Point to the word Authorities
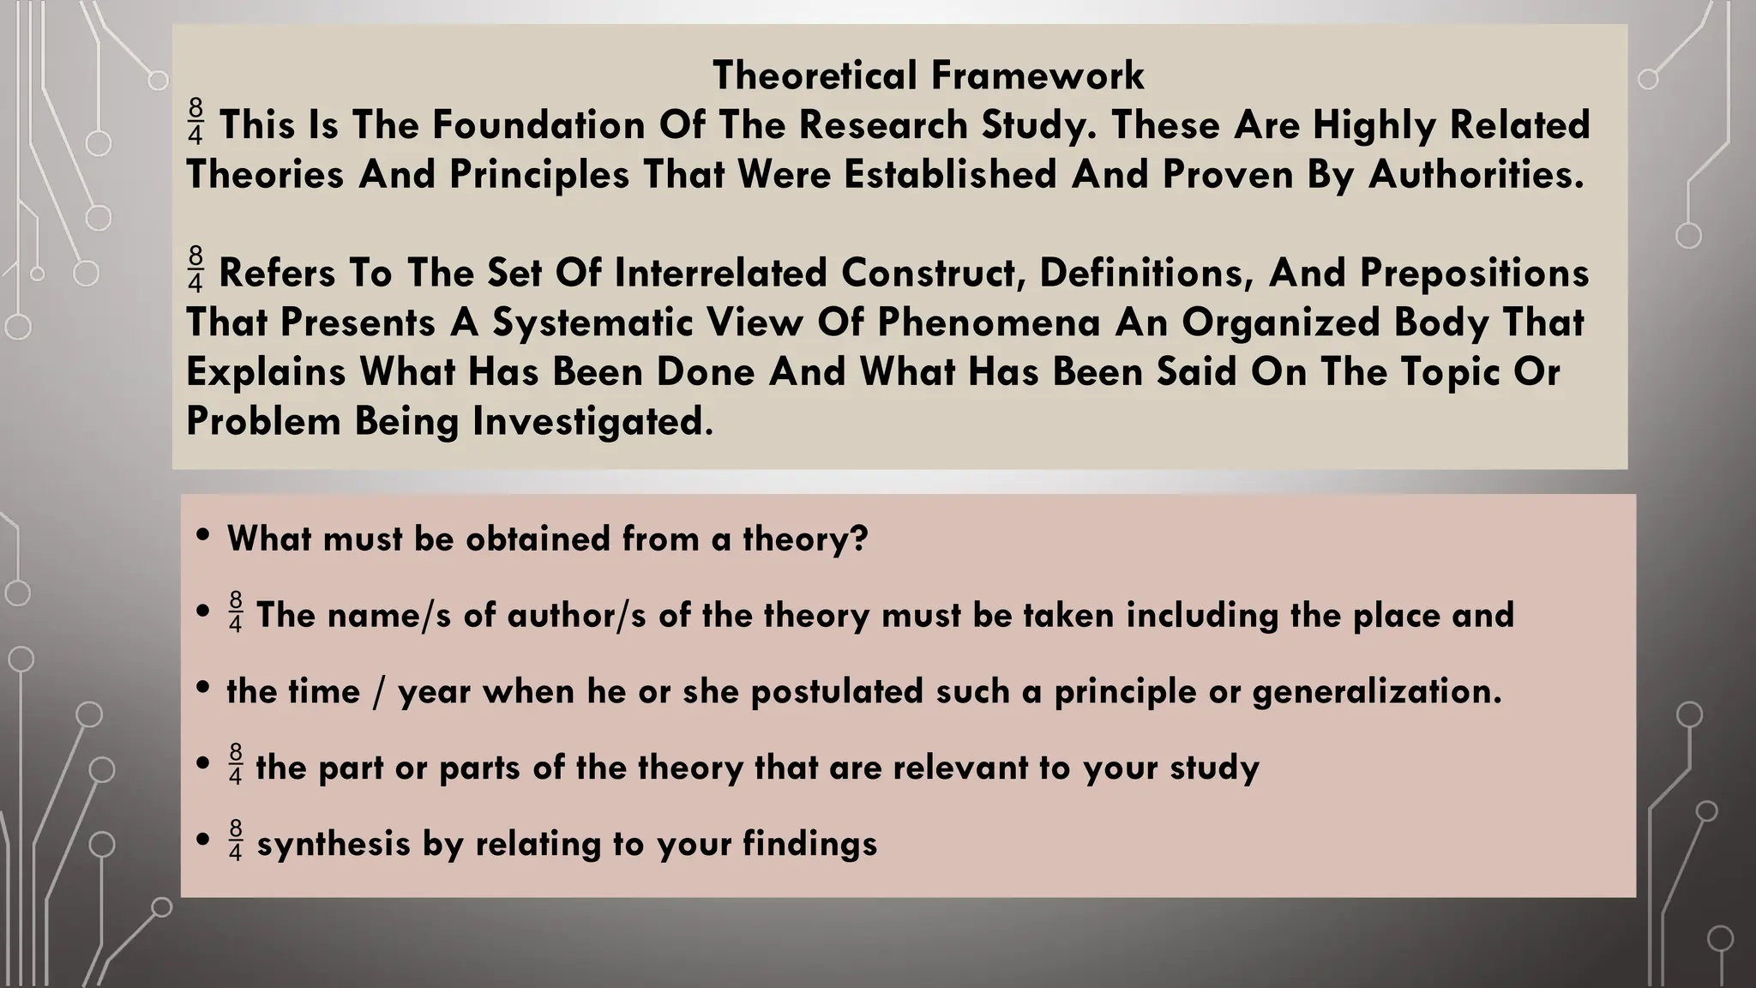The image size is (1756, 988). (x=1476, y=175)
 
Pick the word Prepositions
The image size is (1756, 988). (x=1474, y=274)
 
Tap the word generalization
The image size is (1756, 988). (x=1377, y=691)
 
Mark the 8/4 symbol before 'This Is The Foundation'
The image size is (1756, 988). (x=196, y=122)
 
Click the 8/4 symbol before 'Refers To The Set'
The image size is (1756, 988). (x=196, y=269)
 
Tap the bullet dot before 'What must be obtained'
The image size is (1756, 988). (x=203, y=536)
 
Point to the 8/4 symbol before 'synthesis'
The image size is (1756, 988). (x=236, y=840)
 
